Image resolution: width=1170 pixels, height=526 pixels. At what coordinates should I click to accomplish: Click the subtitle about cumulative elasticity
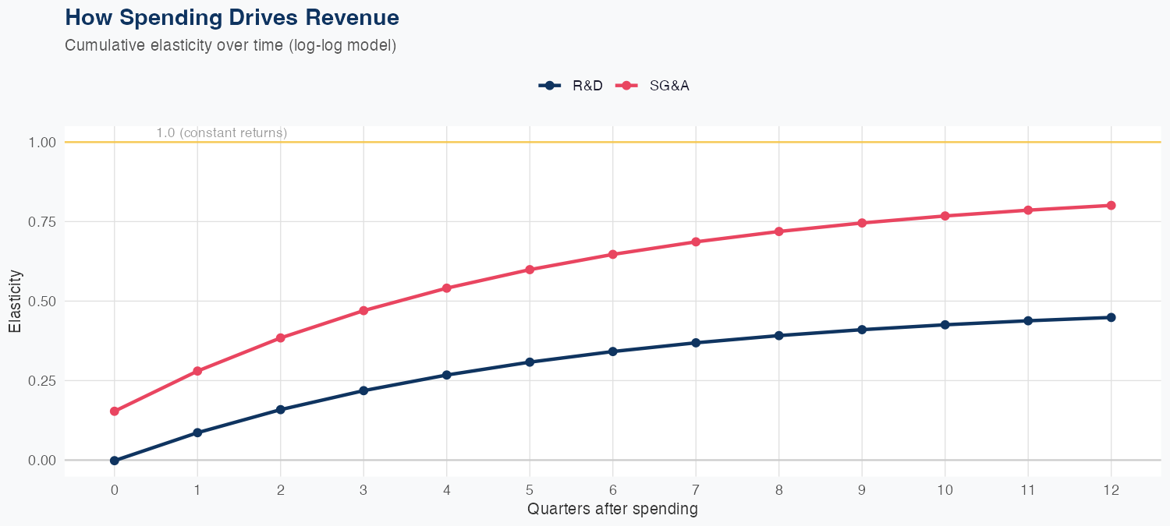(230, 45)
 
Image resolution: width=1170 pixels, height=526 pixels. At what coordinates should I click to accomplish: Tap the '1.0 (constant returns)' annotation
(222, 133)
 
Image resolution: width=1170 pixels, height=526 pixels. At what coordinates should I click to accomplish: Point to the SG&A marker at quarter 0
(115, 411)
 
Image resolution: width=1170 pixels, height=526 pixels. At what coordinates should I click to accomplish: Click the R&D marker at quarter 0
(115, 461)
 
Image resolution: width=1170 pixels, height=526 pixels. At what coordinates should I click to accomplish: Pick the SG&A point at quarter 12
(1111, 206)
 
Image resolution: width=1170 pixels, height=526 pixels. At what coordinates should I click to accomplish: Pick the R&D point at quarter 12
(1111, 317)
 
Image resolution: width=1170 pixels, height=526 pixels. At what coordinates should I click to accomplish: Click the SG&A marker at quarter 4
(447, 288)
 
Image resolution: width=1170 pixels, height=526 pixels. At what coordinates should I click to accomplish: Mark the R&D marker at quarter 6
(613, 351)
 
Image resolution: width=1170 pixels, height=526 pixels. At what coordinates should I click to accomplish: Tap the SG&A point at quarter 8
(778, 231)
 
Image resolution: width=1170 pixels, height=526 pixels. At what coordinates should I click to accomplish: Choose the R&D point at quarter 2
(281, 410)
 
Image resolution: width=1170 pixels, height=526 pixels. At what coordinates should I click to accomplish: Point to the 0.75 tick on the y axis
(43, 222)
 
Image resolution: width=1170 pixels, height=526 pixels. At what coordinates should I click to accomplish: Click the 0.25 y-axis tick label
(43, 381)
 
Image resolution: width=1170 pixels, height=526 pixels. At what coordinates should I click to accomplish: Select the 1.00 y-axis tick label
(43, 143)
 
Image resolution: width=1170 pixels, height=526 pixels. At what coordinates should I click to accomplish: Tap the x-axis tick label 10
(945, 490)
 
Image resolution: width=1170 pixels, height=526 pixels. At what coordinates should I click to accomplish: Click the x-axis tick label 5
(530, 490)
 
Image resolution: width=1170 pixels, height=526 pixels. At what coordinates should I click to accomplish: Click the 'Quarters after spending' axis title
(612, 510)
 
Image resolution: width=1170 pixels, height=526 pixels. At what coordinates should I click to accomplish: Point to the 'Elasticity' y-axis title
(15, 302)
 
